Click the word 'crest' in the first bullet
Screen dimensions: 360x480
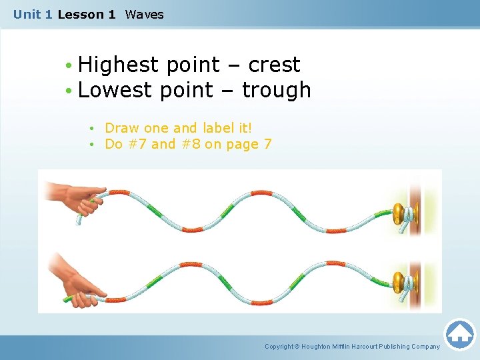[x=274, y=65]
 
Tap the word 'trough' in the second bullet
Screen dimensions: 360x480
[x=276, y=89]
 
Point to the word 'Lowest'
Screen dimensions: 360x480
[x=115, y=89]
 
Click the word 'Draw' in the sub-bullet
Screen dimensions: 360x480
[x=121, y=128]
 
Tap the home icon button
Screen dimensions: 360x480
[x=459, y=333]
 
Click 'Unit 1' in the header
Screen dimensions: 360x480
[x=33, y=14]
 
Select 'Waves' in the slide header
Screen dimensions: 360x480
[x=144, y=14]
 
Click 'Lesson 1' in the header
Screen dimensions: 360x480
[x=86, y=14]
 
